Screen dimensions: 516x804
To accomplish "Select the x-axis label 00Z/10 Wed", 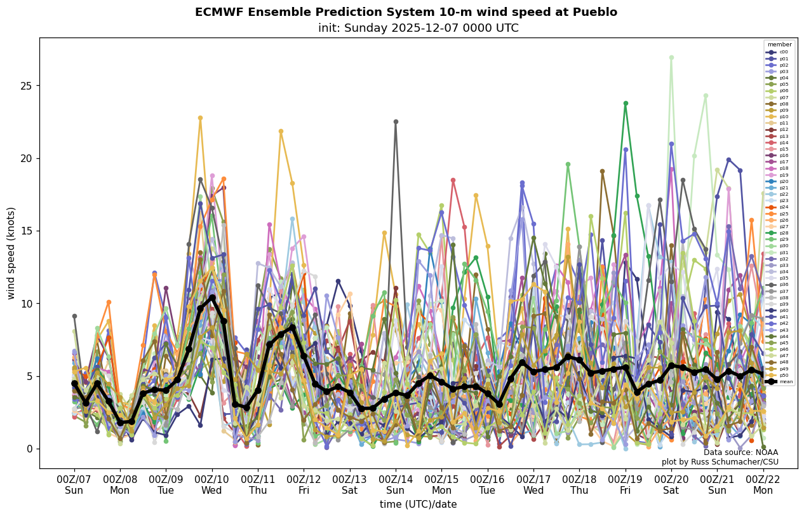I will pyautogui.click(x=212, y=485).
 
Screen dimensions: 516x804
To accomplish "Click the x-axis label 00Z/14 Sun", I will pyautogui.click(x=396, y=485).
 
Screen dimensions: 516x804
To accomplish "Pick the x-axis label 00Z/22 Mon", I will pyautogui.click(x=763, y=485).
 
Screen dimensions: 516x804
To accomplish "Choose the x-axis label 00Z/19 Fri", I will pyautogui.click(x=626, y=485).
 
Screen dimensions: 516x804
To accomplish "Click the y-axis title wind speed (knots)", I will pyautogui.click(x=11, y=253).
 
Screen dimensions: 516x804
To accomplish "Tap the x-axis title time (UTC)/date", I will pyautogui.click(x=418, y=505).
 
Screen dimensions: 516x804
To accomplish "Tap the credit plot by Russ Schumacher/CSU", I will pyautogui.click(x=720, y=462).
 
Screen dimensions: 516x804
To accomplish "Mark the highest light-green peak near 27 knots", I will pyautogui.click(x=671, y=58).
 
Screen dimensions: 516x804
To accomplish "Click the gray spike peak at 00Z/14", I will pyautogui.click(x=396, y=121).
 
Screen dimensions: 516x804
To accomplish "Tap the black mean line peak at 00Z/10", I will pyautogui.click(x=212, y=297).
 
